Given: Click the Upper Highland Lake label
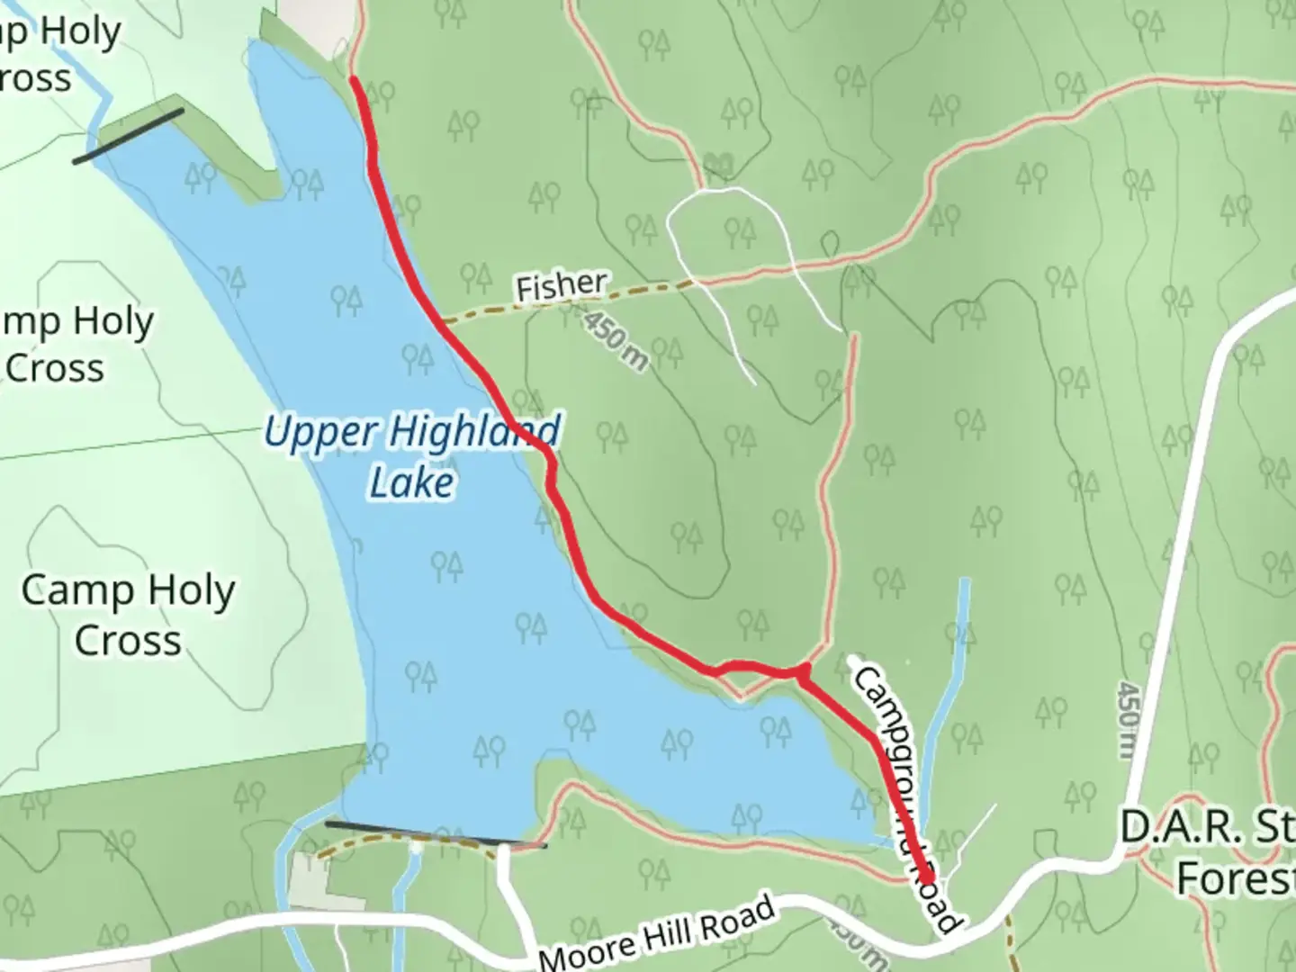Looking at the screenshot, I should [x=412, y=456].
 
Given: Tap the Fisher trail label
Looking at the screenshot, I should [x=561, y=286].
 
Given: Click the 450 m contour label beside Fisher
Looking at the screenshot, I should [x=615, y=341].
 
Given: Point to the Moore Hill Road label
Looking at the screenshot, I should [x=657, y=932].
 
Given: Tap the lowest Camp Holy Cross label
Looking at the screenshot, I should [x=128, y=616].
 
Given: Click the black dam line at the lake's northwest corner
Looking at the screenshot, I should [x=129, y=136].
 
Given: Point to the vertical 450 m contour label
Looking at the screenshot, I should [x=1126, y=720].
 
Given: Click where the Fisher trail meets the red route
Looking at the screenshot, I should [x=440, y=321].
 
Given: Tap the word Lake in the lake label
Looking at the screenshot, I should [x=412, y=483].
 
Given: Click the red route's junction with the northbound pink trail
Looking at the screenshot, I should [x=804, y=669].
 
